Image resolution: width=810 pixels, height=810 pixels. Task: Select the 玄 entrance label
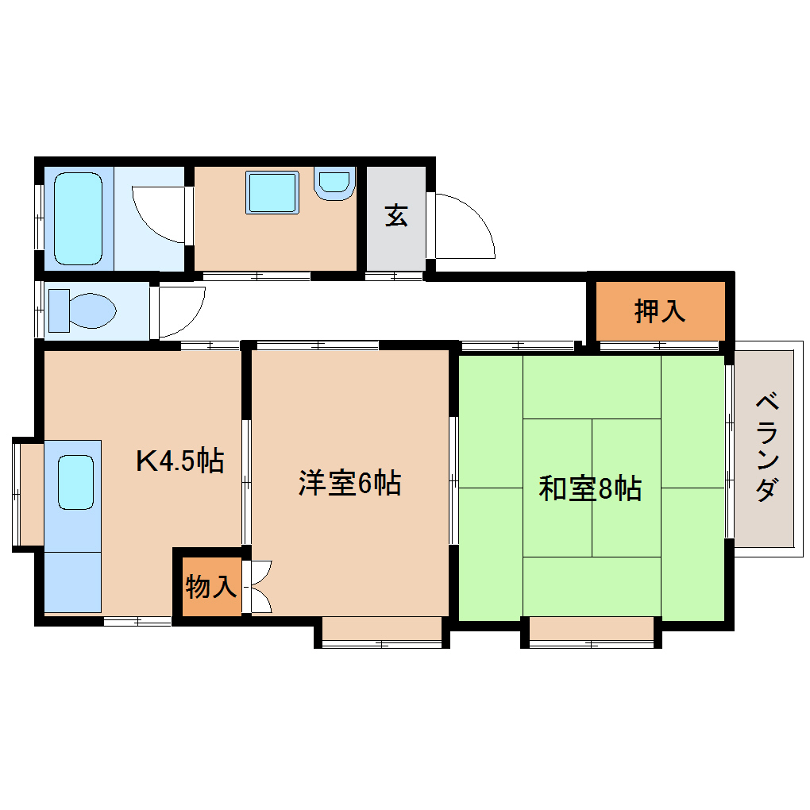(x=396, y=215)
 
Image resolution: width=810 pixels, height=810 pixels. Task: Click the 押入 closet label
(x=659, y=311)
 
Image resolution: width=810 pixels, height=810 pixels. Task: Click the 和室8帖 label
(x=590, y=488)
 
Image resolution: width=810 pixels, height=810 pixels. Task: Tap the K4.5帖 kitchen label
(x=179, y=461)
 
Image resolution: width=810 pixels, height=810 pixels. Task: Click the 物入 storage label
(x=210, y=588)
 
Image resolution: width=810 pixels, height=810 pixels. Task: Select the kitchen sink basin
(x=76, y=482)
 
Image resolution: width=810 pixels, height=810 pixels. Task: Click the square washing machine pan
(x=272, y=192)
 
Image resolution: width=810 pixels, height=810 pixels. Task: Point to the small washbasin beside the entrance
(x=334, y=183)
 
